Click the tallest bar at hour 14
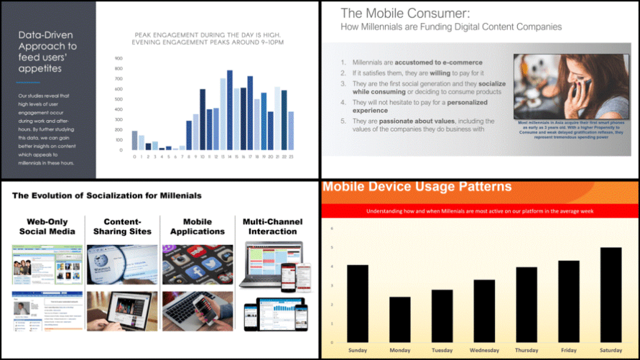coord(229,110)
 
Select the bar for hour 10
coord(202,119)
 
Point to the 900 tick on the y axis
coord(118,59)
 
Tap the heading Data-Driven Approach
coord(47,51)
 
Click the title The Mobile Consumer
coord(405,12)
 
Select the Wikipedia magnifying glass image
coord(122,264)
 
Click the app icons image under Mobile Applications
coord(197,264)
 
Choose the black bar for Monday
coord(400,319)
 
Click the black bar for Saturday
coord(611,294)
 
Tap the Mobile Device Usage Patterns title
coord(417,186)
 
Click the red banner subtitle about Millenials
coord(479,211)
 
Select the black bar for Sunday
coord(357,302)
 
